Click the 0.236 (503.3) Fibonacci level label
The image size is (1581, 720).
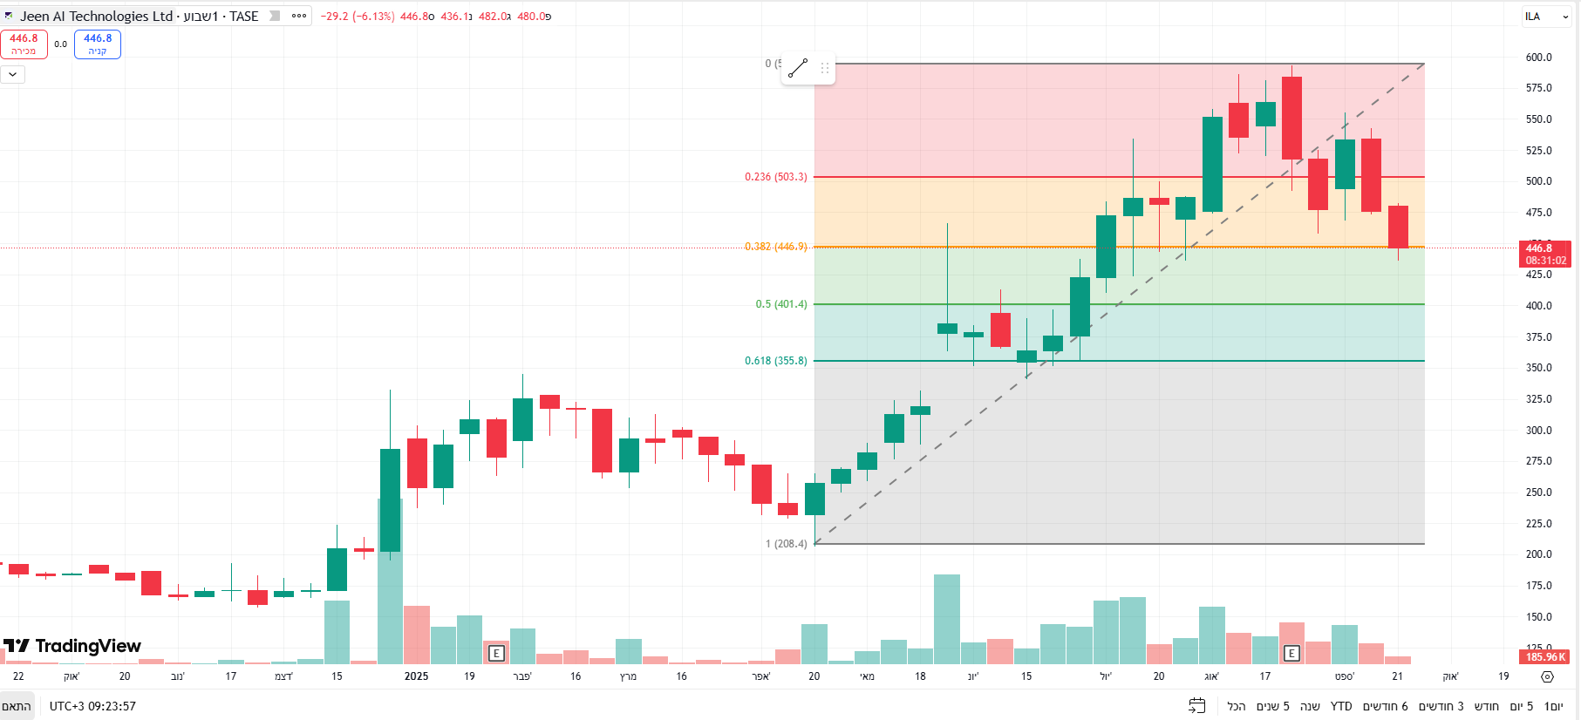(x=775, y=177)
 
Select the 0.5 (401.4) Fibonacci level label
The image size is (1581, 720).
(x=780, y=304)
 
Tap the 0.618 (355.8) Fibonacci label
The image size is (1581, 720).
(x=775, y=361)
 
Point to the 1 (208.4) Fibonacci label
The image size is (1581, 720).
(x=786, y=544)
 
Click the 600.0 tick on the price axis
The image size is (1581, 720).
(x=1538, y=58)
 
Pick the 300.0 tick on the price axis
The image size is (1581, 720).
(x=1538, y=431)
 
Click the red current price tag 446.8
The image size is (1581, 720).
(x=1544, y=254)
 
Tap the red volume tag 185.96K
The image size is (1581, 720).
(x=1545, y=657)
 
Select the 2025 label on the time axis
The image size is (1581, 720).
(x=416, y=676)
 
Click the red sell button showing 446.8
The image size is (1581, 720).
(x=24, y=44)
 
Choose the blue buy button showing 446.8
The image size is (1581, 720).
(x=98, y=44)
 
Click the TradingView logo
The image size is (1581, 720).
(x=72, y=646)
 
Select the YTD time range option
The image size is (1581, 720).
(x=1341, y=706)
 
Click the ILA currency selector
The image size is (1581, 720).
(x=1546, y=17)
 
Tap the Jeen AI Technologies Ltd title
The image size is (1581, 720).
(x=96, y=17)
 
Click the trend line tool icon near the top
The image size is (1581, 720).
(x=798, y=68)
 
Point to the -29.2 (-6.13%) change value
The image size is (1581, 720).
(x=357, y=17)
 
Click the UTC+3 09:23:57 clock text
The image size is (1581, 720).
(x=92, y=706)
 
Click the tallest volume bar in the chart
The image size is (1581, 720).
(x=947, y=619)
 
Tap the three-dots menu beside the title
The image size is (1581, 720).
(x=299, y=16)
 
